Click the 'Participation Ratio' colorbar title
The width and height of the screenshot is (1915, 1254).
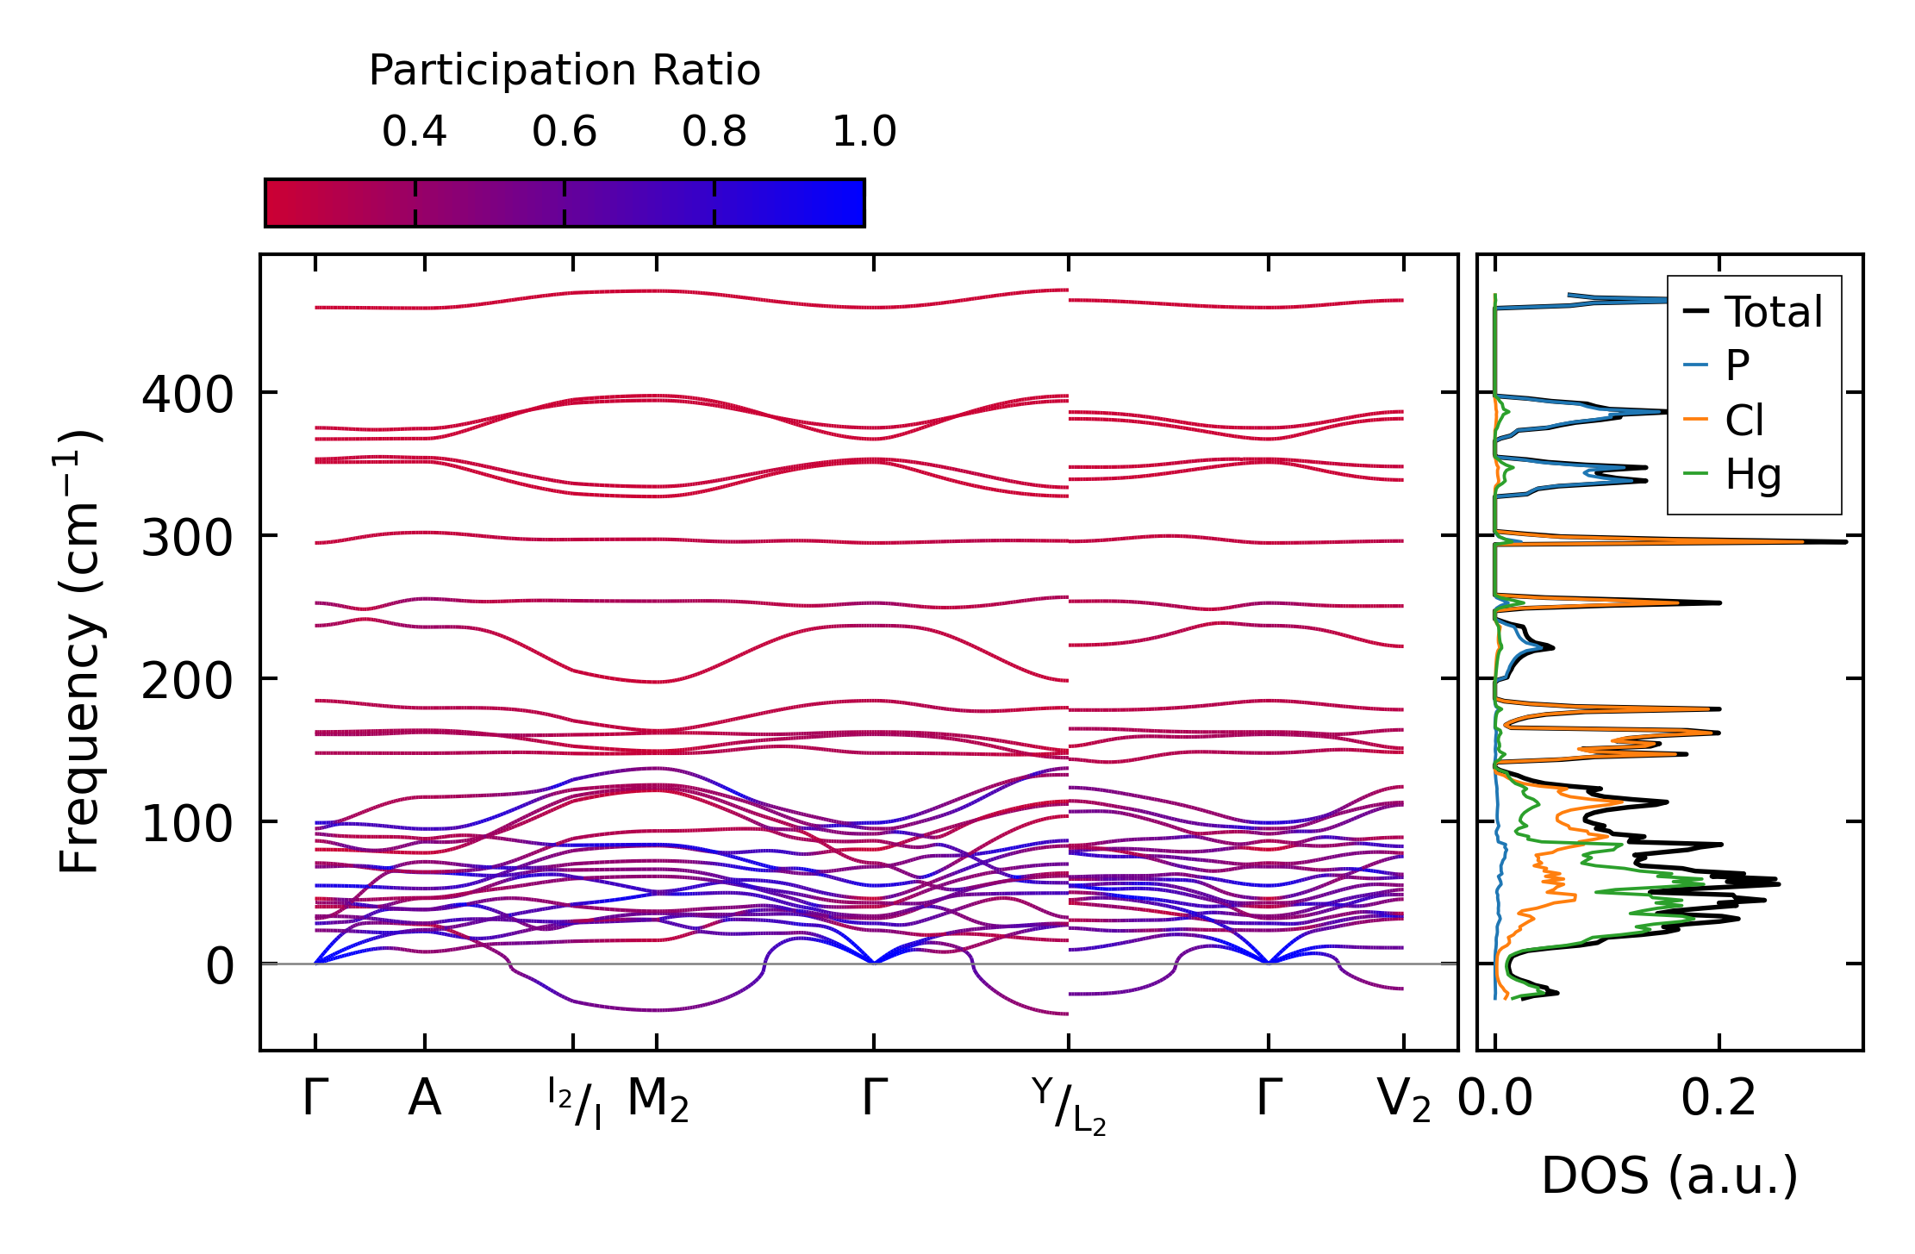(565, 71)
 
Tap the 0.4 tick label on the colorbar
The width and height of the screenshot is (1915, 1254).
(415, 132)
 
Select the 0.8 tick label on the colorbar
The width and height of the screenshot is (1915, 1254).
(714, 132)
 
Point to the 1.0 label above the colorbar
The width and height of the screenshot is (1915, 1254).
(864, 132)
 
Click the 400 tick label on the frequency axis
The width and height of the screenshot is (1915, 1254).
(187, 396)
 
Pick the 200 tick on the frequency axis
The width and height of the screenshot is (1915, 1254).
(187, 682)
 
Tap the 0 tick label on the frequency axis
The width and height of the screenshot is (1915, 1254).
(220, 967)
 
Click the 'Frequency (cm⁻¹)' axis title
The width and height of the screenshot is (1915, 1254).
(80, 652)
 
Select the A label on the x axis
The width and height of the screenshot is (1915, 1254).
(424, 1099)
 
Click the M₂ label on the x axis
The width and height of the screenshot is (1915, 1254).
(658, 1101)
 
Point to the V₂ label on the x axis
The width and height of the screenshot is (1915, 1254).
(1404, 1101)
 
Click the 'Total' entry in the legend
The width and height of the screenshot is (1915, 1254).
(1773, 312)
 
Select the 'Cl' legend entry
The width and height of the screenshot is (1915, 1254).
(1744, 421)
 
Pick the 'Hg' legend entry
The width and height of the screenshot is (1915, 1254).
(1753, 475)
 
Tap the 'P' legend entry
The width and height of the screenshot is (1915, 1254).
(1737, 365)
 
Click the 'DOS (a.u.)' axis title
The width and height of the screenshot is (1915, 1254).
(1669, 1176)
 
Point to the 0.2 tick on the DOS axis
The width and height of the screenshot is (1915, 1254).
(1719, 1099)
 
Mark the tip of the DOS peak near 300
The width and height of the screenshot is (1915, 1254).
(1845, 541)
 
